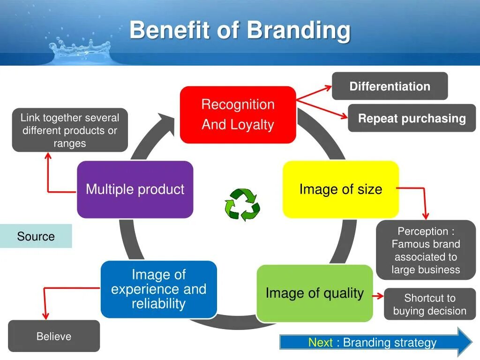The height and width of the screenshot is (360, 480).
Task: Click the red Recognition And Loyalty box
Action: coord(238,115)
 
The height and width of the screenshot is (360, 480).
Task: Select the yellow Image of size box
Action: coord(341,189)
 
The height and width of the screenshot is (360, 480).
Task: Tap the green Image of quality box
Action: coord(315,293)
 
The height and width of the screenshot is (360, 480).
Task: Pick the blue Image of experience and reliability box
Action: coord(158,289)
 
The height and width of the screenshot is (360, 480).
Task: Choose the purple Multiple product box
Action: coord(135,189)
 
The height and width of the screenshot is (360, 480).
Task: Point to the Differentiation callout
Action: coord(390,86)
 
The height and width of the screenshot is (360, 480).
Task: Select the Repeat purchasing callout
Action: coord(412,118)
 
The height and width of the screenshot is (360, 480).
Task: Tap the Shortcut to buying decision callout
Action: coord(429,304)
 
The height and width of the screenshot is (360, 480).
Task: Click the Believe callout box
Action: coord(54,336)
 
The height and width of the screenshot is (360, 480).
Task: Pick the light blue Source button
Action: coord(36,236)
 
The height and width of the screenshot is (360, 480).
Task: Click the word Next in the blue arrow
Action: coord(320,343)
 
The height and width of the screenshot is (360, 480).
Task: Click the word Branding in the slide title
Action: coord(299,30)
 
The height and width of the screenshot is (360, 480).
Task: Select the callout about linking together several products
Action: coord(70,130)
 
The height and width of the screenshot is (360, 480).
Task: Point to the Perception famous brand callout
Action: coord(426,250)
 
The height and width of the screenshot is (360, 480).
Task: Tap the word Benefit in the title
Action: coord(170,30)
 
